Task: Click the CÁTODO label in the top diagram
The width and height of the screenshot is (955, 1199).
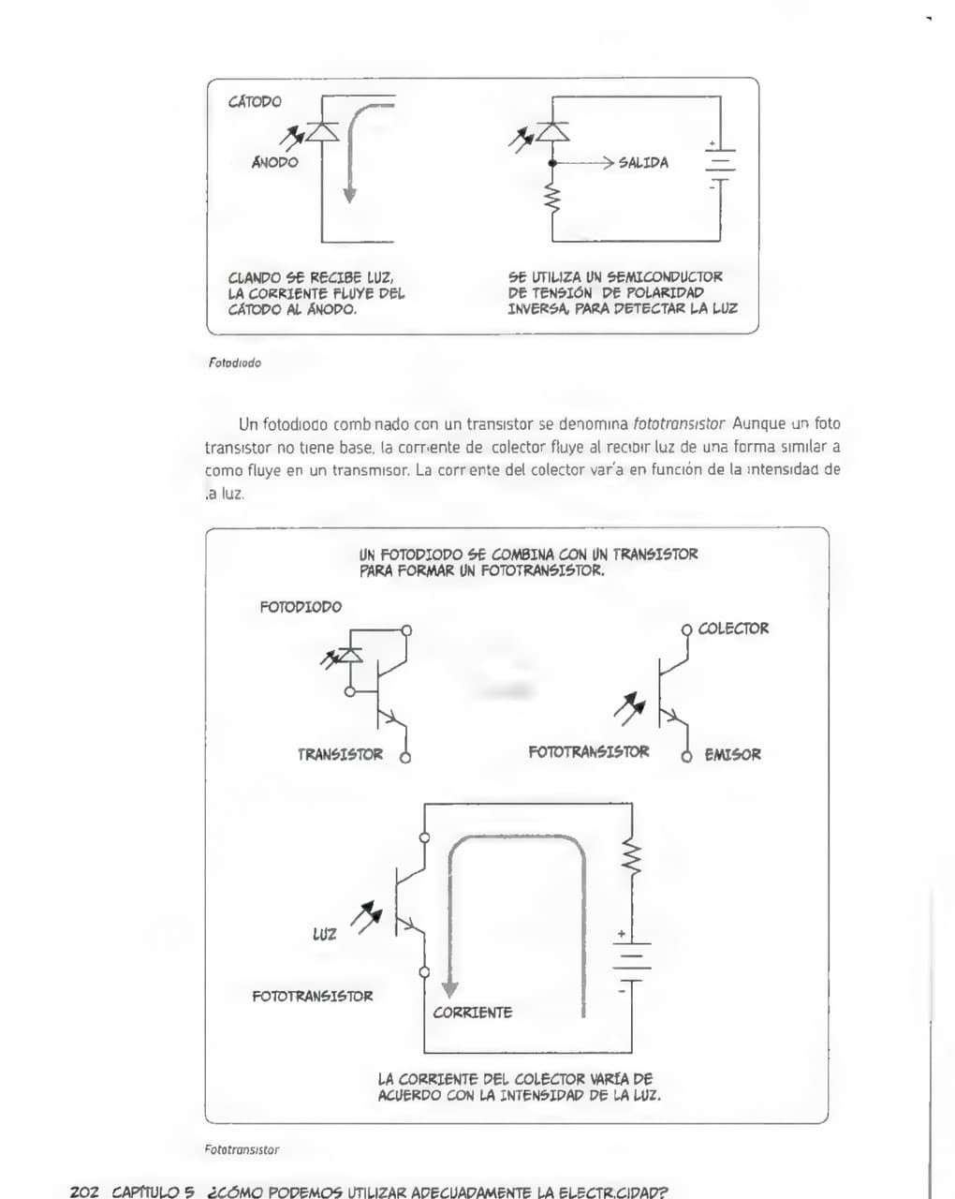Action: (x=255, y=101)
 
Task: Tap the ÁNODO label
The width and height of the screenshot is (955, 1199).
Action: (x=274, y=162)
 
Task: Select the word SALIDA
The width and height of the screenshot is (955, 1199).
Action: (x=643, y=163)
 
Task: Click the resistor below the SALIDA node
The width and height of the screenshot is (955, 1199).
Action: (x=552, y=199)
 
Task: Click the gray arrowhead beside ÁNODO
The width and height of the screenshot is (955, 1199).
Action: (x=349, y=195)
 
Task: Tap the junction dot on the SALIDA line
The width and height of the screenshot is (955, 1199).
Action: (x=552, y=163)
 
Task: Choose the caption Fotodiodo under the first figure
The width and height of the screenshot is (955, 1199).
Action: (x=234, y=363)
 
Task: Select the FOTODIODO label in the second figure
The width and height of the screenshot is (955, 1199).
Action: (x=301, y=607)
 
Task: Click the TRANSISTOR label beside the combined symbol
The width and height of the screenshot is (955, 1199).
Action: (x=340, y=754)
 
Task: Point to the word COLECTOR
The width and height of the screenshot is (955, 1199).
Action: (x=733, y=629)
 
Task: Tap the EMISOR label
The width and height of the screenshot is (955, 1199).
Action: (x=732, y=754)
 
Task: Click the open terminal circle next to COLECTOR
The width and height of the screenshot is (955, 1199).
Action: (x=686, y=629)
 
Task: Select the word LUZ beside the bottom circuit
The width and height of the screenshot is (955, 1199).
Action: (x=324, y=934)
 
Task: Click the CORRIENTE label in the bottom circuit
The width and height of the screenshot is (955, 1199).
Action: (x=472, y=1013)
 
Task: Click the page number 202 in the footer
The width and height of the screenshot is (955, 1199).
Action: (x=84, y=1192)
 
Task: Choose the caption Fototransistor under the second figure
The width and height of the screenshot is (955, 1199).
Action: (x=242, y=1149)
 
